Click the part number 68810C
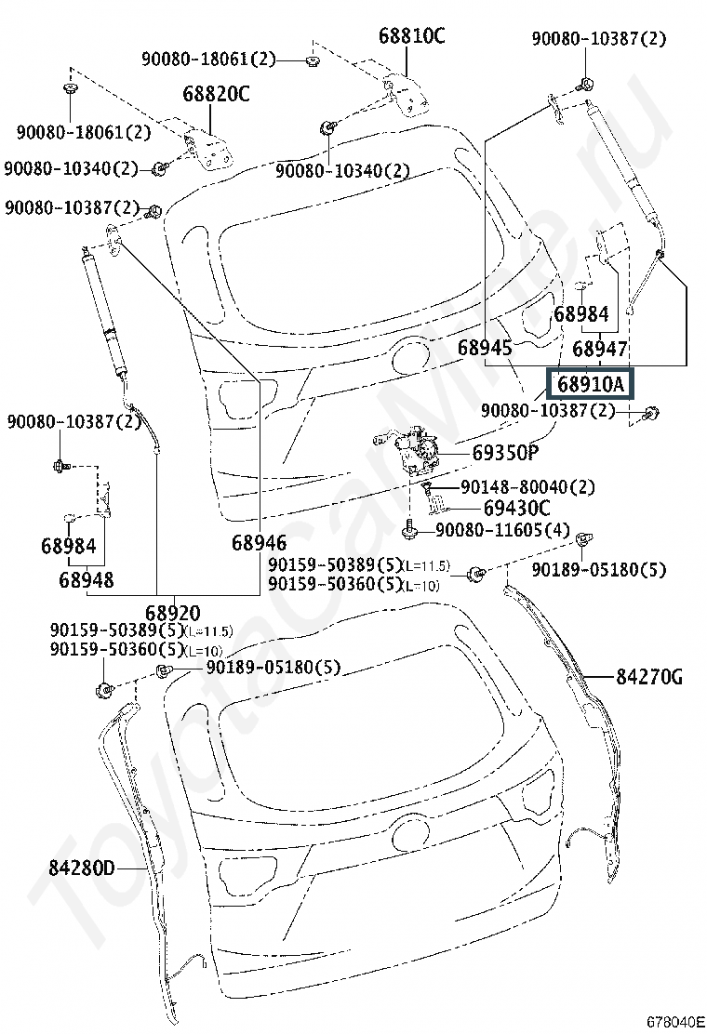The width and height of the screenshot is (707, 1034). (411, 35)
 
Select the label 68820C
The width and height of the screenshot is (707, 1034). (217, 94)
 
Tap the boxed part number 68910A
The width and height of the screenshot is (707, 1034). (591, 384)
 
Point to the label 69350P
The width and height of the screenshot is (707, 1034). (505, 452)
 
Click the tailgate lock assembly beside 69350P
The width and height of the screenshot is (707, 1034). (408, 448)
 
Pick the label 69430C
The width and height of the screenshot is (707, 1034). (516, 509)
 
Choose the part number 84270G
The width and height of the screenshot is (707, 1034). (649, 677)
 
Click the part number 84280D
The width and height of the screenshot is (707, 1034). (82, 868)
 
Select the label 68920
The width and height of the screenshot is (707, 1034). (173, 613)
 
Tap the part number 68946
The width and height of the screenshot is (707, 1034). (260, 543)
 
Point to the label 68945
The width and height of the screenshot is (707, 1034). (485, 348)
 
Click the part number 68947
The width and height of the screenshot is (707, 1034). (599, 349)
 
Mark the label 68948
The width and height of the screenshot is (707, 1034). (87, 580)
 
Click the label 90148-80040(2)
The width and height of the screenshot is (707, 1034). (527, 487)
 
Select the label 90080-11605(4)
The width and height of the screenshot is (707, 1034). (502, 530)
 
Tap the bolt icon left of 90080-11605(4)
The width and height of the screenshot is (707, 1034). (409, 529)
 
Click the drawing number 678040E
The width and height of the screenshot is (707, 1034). (675, 1022)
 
